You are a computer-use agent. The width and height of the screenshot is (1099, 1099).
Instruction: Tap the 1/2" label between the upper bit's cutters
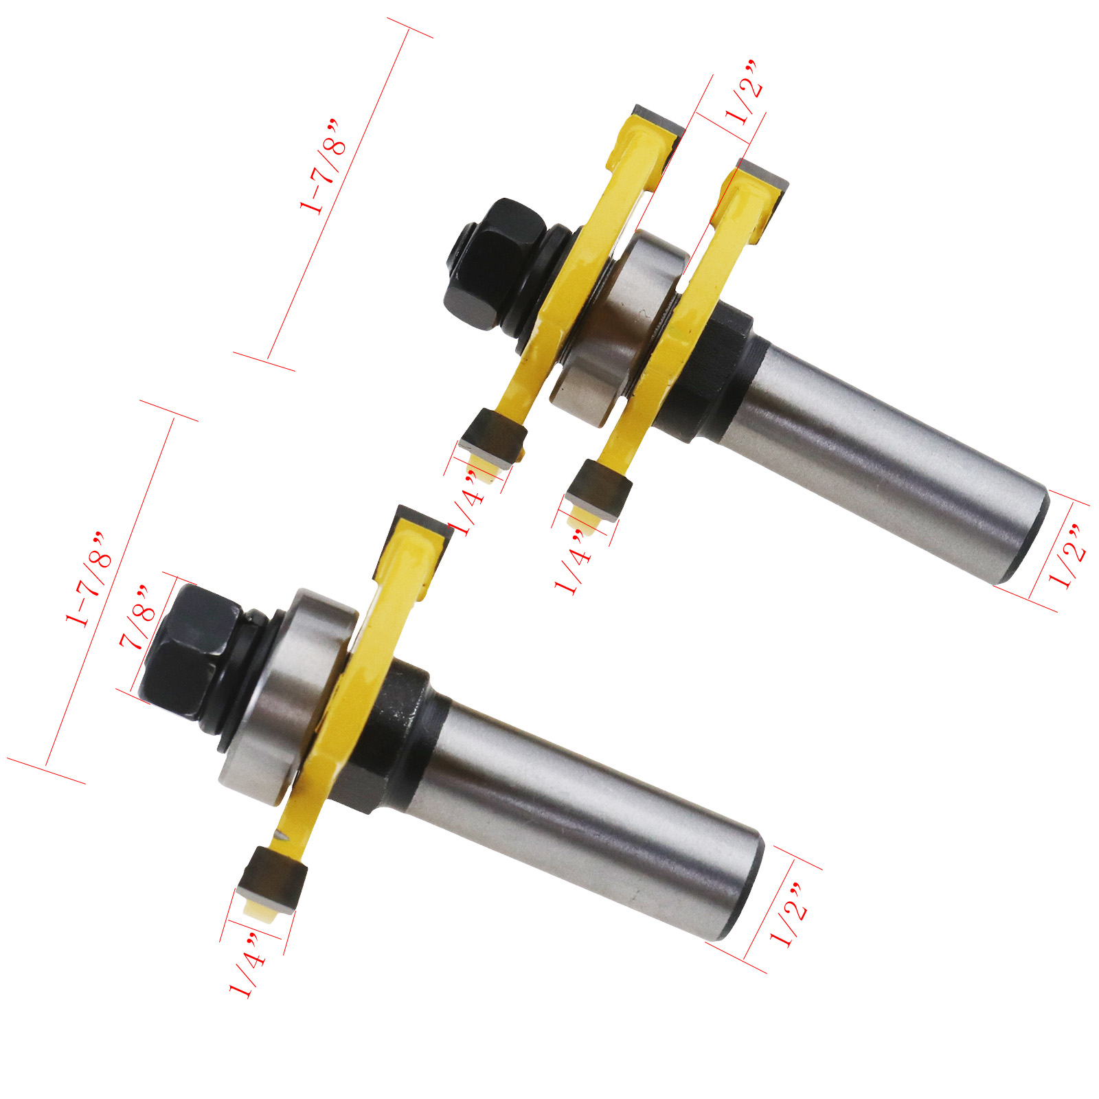(744, 92)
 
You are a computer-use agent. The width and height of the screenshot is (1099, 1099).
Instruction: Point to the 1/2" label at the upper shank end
(1067, 556)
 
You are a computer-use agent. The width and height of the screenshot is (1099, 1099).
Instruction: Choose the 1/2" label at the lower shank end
(788, 914)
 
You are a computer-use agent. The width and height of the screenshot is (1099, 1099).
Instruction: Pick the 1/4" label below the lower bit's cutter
(247, 973)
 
